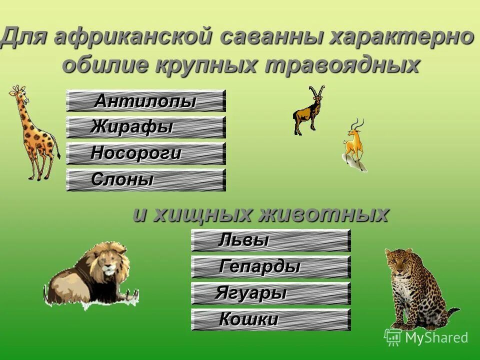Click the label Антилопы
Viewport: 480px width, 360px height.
[x=145, y=101]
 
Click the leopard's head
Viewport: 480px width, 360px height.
[x=399, y=260]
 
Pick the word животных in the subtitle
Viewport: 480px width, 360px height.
[x=323, y=214]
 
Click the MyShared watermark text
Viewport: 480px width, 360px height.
[x=436, y=337]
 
